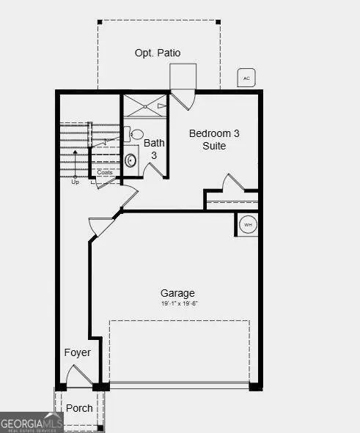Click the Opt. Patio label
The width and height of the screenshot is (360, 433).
pos(157,53)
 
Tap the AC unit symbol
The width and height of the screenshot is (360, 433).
pos(246,78)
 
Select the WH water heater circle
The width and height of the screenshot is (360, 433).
pos(248,224)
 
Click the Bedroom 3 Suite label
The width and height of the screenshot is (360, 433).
pos(214,139)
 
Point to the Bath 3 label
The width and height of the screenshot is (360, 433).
pos(154,149)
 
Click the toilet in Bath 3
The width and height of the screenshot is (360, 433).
pos(136,134)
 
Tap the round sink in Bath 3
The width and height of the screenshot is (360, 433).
pos(131,160)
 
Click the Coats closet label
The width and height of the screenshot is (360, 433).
pos(105,173)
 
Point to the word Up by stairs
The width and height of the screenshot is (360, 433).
pos(75,182)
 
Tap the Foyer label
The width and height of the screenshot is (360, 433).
pos(77,352)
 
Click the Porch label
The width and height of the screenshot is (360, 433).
pos(79,408)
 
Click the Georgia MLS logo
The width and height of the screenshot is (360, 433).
pos(32,423)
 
